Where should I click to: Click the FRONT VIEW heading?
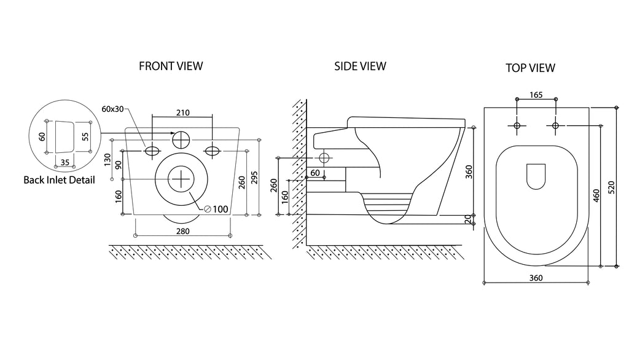(171, 66)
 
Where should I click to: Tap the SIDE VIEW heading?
(360, 66)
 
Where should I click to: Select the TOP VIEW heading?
(530, 68)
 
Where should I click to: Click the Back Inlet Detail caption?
(60, 180)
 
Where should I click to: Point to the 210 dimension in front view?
(183, 113)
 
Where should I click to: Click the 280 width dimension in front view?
(183, 231)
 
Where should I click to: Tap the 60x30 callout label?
(113, 109)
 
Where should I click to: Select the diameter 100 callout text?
(216, 209)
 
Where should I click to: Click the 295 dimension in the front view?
(254, 178)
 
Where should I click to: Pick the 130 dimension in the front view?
(107, 160)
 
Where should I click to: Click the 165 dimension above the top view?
(536, 95)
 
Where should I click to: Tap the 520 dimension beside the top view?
(611, 187)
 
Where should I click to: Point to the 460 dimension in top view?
(596, 195)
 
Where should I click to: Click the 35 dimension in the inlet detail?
(64, 163)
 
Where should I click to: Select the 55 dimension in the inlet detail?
(85, 136)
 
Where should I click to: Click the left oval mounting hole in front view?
(152, 151)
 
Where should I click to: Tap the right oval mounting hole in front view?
(212, 151)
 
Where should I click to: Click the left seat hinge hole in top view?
(517, 125)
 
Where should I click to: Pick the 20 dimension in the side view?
(467, 219)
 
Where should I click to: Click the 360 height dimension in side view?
(469, 172)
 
